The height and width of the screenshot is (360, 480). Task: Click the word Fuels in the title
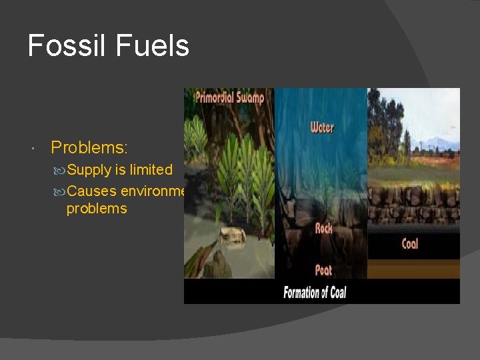coord(153,47)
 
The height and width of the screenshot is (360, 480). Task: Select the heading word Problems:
coord(89,147)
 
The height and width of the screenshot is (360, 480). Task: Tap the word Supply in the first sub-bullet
coord(89,170)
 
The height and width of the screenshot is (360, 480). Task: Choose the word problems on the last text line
coord(97,209)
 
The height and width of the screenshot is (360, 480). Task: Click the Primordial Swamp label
coord(229,97)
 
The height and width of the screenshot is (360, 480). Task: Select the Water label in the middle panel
coord(322,127)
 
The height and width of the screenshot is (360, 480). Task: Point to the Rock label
coord(323,228)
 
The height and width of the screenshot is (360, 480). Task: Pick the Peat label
coord(323,270)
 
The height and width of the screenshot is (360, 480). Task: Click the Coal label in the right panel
coord(410,244)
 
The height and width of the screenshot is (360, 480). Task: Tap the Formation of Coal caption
coord(315,292)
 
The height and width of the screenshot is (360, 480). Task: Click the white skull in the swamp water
coord(231,235)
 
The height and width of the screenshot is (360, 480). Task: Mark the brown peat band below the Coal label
coord(413,268)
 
